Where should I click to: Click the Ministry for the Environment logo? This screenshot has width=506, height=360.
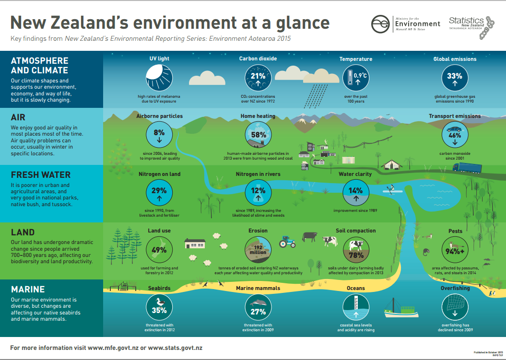[406, 23]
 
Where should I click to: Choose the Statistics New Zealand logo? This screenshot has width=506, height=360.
[472, 23]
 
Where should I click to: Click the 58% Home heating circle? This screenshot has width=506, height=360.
[258, 135]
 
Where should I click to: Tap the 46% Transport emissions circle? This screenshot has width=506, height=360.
[454, 135]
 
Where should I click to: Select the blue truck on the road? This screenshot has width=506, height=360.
[467, 167]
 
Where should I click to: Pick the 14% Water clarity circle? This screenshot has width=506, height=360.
[355, 193]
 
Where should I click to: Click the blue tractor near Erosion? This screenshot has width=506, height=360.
[287, 241]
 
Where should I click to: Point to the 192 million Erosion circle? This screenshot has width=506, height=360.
[258, 250]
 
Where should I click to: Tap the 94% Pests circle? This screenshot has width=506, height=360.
[454, 250]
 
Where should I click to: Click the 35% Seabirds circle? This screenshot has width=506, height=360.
[159, 307]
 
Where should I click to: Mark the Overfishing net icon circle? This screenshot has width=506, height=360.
[454, 307]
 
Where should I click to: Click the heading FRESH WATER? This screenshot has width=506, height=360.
[41, 175]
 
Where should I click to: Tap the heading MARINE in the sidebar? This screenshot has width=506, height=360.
[28, 290]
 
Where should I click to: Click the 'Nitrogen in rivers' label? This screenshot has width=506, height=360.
[258, 174]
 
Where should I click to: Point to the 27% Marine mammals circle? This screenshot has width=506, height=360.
[258, 307]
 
